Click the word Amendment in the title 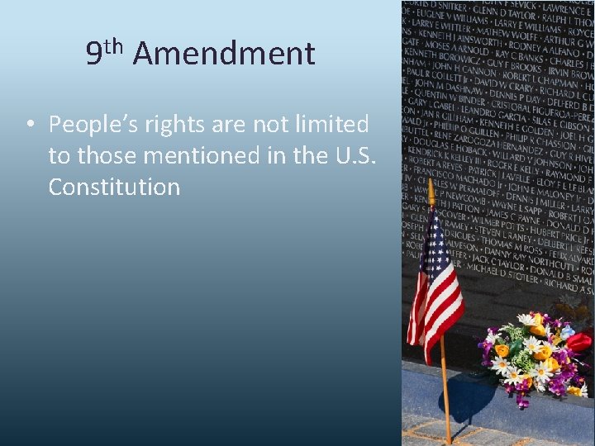tap(223, 55)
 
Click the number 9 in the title tap(94, 55)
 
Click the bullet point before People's tap(28, 126)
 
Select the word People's tap(91, 125)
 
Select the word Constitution tap(114, 187)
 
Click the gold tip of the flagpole tap(431, 191)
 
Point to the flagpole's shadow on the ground tap(463, 405)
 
